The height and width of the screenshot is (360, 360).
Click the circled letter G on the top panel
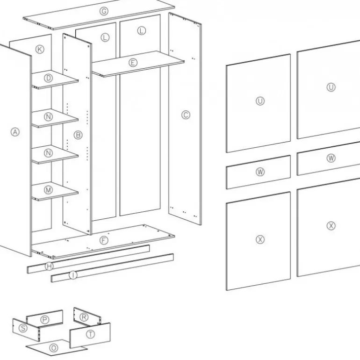(x=104, y=11)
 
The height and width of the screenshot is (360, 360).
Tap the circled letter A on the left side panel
(x=15, y=132)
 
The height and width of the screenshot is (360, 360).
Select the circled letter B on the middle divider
(x=78, y=135)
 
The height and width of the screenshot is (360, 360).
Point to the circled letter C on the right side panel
(x=186, y=115)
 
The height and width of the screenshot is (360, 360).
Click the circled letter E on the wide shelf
(x=133, y=63)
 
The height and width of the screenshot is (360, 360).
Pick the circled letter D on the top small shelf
(x=48, y=78)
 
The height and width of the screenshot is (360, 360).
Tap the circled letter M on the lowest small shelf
(x=48, y=190)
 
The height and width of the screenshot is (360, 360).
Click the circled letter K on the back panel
(x=40, y=49)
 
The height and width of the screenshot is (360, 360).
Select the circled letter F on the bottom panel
(x=104, y=240)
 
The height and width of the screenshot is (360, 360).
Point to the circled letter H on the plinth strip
(x=49, y=266)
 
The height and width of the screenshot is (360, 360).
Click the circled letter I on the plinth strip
(x=73, y=275)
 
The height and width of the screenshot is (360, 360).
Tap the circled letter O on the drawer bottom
(x=53, y=348)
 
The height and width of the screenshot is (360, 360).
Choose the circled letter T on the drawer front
(x=90, y=334)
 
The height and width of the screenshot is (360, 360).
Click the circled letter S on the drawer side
(x=23, y=328)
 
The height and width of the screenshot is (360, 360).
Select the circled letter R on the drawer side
(x=84, y=317)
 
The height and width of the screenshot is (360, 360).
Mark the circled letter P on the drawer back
(x=44, y=320)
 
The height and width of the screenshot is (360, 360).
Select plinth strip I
(x=112, y=268)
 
